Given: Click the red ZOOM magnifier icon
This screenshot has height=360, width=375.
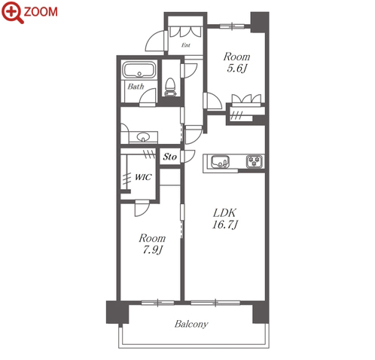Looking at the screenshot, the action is [x=13, y=12].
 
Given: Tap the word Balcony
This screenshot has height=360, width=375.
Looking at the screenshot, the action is [x=191, y=324].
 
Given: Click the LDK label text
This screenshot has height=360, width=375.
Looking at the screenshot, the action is [x=224, y=213].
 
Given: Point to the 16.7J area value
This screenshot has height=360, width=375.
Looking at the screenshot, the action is [x=225, y=224].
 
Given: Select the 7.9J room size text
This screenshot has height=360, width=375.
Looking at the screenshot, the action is [x=153, y=249].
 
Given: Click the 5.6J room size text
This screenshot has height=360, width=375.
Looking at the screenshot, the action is [x=236, y=69].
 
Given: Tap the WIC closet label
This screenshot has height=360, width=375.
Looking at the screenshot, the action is [x=143, y=177].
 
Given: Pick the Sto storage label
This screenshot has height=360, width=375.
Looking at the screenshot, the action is [x=170, y=157].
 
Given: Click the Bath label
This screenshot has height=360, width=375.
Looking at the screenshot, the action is [x=136, y=87].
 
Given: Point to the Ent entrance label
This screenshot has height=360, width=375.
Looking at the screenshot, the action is [x=186, y=45].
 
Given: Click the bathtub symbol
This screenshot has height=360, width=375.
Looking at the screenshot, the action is [x=139, y=70].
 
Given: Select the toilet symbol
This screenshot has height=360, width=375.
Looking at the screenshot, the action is [x=170, y=87].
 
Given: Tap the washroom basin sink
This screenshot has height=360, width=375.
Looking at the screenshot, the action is [x=143, y=137].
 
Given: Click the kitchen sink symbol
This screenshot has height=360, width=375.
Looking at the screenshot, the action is [x=220, y=162].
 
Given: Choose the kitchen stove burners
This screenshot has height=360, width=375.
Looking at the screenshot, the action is [x=255, y=161].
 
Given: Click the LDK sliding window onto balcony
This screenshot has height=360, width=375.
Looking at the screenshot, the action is [x=215, y=303].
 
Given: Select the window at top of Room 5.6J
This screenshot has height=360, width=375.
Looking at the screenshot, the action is [x=232, y=26].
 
